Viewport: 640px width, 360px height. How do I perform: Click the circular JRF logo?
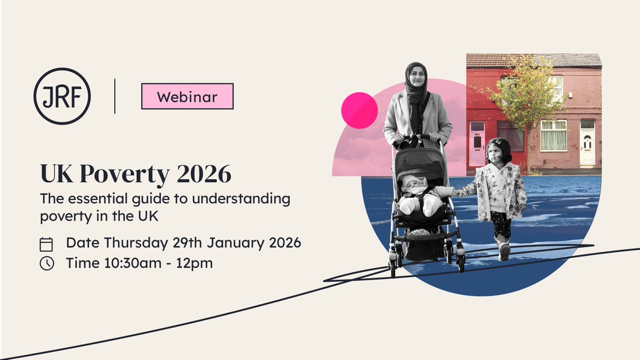pyautogui.click(x=62, y=96)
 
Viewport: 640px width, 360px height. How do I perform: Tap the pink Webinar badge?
pyautogui.click(x=187, y=97)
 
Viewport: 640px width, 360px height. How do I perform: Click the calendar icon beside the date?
pyautogui.click(x=47, y=244)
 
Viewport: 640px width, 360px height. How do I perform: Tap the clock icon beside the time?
pyautogui.click(x=47, y=263)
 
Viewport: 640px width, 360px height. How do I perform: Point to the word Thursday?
pyautogui.click(x=136, y=243)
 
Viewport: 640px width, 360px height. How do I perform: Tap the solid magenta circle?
pyautogui.click(x=359, y=110)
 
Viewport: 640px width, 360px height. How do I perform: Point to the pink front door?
pyautogui.click(x=476, y=144)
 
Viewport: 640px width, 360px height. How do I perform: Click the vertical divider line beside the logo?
pyautogui.click(x=115, y=96)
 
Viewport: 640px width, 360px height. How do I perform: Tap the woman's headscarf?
pyautogui.click(x=416, y=85)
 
